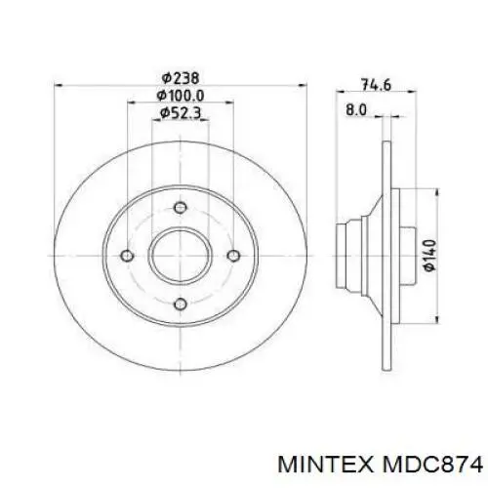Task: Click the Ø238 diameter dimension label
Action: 180,78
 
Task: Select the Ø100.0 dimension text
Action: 180,96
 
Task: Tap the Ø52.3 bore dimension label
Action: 180,113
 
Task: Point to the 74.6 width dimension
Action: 376,85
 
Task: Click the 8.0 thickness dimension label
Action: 356,109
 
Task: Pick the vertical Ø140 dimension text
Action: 430,256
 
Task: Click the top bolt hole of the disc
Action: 180,208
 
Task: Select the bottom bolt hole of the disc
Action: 180,304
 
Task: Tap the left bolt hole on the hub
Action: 127,256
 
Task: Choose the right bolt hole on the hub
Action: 233,256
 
